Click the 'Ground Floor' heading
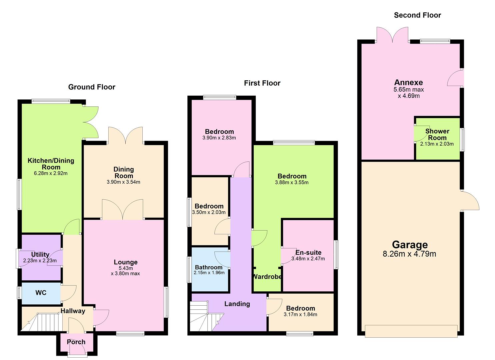coord(92,87)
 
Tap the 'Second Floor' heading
coord(417,15)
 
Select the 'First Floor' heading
coord(262,83)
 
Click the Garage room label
coord(410,245)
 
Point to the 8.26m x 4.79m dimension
coord(410,254)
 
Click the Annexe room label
coord(408,82)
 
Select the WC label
coord(41,293)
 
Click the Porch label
coord(76,342)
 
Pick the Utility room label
coord(40,255)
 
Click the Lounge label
coord(125,262)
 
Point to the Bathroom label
coord(209,267)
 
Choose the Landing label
coord(237,304)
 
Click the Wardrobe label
coord(267,277)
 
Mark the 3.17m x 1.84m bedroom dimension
coord(300,314)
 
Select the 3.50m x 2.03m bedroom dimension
coord(209,212)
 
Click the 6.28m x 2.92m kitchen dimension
coord(51,173)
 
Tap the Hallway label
coord(73,311)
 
